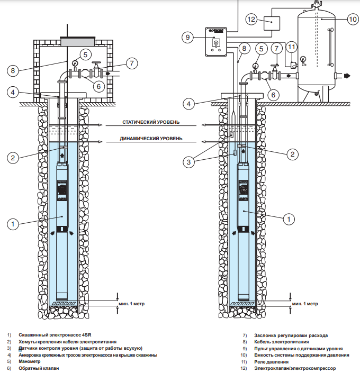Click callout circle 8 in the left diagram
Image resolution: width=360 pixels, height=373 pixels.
14,69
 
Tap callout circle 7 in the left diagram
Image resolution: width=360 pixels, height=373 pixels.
132,63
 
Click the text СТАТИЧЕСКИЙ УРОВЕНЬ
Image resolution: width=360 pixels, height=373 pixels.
151,122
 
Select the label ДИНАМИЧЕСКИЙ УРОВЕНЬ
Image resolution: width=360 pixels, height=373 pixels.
151,139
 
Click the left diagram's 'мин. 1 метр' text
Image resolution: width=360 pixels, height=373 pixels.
131,304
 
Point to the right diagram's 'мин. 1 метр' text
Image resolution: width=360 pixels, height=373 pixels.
305,304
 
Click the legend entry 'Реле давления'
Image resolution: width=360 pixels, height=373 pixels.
272,362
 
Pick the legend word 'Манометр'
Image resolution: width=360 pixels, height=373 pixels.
30,362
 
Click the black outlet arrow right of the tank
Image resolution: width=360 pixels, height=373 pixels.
347,76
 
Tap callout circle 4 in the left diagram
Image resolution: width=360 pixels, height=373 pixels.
14,92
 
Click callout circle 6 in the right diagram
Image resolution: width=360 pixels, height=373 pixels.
273,94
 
